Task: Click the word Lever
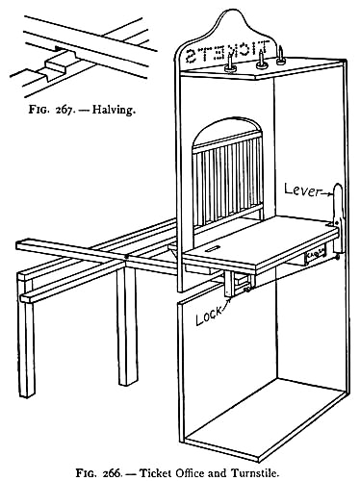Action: pos(302,190)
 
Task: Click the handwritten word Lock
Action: pos(209,316)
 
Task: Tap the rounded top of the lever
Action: pos(338,188)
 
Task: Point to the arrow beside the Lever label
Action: pos(326,193)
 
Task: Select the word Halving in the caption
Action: pos(113,110)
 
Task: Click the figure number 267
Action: pos(65,110)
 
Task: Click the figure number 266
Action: pos(113,473)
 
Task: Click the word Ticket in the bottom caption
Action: pos(156,473)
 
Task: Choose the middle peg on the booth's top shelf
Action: pos(262,60)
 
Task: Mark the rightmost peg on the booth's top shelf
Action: pos(282,56)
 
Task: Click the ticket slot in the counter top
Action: pos(213,248)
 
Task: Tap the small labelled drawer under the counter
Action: pos(315,256)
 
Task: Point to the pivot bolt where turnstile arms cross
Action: pos(127,257)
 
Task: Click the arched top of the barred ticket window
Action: pos(227,128)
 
